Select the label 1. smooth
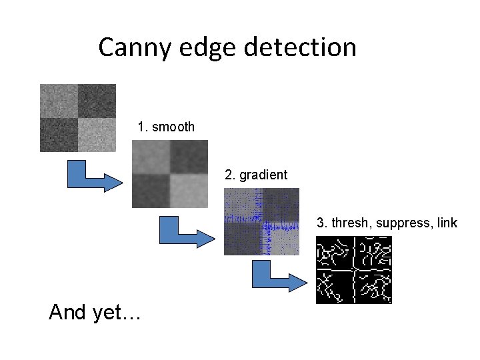pos(166,127)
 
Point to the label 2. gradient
pos(256,175)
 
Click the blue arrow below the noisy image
pos(91,176)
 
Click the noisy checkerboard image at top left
pos(77,117)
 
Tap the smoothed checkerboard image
pos(169,173)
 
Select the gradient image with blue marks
pos(261,221)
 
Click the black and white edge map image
pos(353,270)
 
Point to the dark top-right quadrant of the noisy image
pos(97,101)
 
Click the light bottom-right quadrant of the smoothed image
pos(189,191)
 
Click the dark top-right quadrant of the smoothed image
pos(189,157)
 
